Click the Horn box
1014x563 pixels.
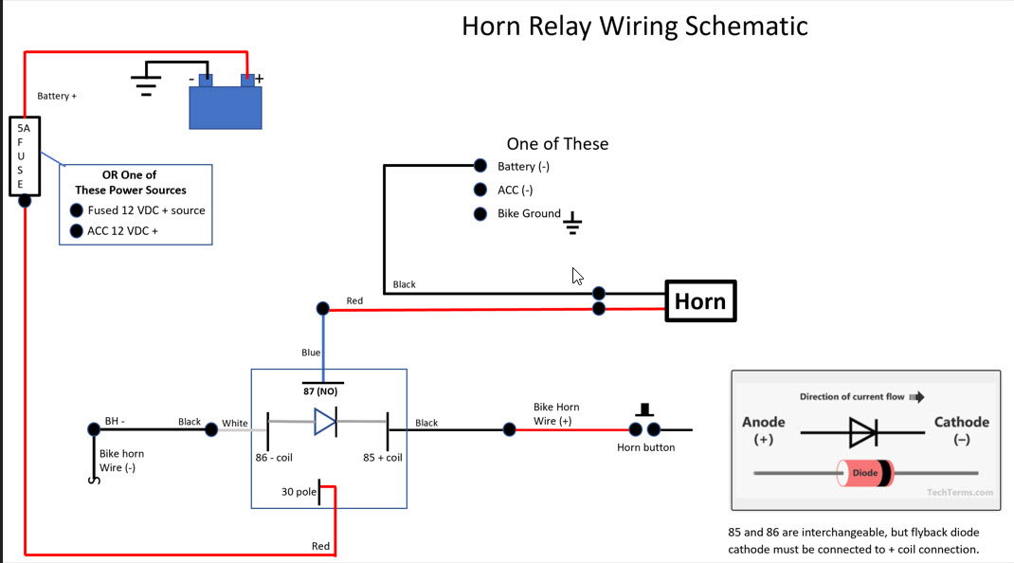(x=700, y=301)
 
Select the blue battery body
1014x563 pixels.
(x=226, y=108)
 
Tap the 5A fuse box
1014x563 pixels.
(x=24, y=156)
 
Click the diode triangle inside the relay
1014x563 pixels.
(x=325, y=422)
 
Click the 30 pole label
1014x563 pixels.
(x=299, y=492)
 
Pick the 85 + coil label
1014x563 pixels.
(x=383, y=457)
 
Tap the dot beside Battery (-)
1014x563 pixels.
(x=480, y=166)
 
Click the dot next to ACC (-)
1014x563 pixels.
(x=480, y=190)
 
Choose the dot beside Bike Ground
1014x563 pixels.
(x=480, y=214)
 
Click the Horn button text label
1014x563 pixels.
(x=645, y=447)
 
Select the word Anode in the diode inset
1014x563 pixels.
(x=764, y=422)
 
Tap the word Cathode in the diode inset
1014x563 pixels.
(x=961, y=422)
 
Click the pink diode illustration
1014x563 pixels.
(x=864, y=472)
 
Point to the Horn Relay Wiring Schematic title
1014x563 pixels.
(x=634, y=26)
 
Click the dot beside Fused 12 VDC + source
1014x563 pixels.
(x=76, y=210)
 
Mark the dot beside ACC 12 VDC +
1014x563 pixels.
(x=76, y=231)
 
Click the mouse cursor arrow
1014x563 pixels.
(x=577, y=276)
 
